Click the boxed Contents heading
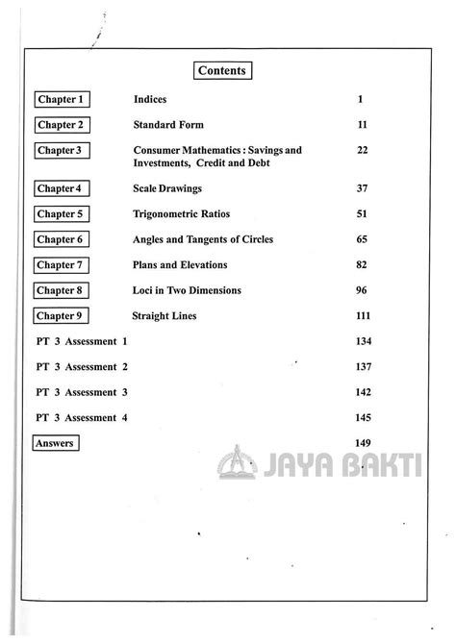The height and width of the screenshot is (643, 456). (222, 70)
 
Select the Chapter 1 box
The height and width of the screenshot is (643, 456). (62, 100)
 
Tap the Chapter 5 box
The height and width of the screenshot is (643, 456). (62, 214)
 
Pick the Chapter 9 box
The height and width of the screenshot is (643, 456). (62, 315)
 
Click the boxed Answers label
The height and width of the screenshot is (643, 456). (55, 443)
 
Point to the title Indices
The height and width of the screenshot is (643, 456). (150, 100)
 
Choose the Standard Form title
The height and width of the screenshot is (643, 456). (168, 125)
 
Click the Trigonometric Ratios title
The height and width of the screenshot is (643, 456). (182, 214)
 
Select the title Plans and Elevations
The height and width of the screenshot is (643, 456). (180, 264)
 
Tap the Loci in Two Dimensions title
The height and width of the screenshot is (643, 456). (187, 290)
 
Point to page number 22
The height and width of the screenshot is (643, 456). (362, 151)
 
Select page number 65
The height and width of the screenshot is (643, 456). (362, 239)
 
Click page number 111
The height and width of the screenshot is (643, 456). (363, 315)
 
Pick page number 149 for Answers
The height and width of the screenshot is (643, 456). (363, 442)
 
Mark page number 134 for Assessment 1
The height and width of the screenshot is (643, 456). (363, 341)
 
